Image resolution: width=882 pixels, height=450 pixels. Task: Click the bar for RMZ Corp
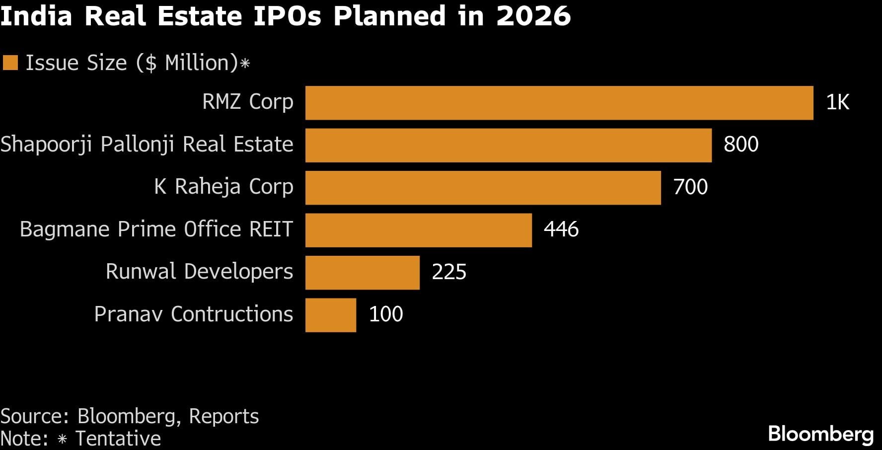coord(559,103)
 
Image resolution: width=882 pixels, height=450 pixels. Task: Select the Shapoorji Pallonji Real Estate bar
coord(508,145)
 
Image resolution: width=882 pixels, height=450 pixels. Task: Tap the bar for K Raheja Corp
coord(483,188)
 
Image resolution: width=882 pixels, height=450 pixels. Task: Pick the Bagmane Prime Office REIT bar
coord(418,230)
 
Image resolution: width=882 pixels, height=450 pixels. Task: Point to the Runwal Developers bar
coord(362,273)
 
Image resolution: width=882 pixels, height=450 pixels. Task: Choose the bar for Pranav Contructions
coord(330,315)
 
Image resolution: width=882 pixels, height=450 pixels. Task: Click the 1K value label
coord(837,102)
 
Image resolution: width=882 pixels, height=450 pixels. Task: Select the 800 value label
coord(741,145)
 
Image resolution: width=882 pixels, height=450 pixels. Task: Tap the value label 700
coord(690,187)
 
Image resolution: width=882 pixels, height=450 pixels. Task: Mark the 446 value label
coord(561,229)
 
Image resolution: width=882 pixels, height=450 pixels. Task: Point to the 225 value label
coord(449,272)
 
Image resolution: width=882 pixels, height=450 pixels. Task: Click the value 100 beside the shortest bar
coord(386,314)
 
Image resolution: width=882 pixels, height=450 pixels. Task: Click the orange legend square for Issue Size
coord(10,63)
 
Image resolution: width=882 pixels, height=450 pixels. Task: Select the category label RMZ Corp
coord(247,102)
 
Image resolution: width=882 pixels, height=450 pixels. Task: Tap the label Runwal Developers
coord(199,272)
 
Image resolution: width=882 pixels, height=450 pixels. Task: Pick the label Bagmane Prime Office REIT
coord(156,229)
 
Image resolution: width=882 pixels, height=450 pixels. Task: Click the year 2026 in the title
coord(533,16)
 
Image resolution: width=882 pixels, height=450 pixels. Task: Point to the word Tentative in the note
coord(118,439)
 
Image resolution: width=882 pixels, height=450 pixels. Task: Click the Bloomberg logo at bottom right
coord(820,434)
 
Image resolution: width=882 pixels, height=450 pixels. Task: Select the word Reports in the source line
coord(224,416)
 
